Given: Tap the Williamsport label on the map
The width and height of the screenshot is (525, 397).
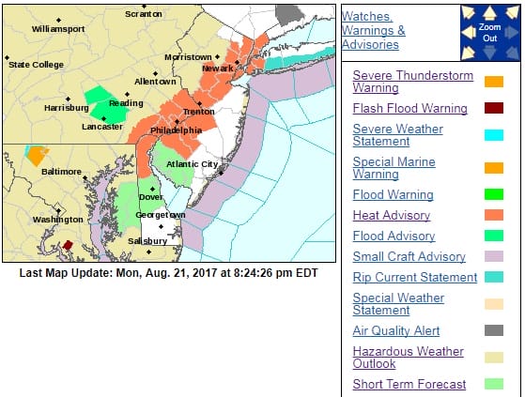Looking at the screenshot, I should click(57, 29).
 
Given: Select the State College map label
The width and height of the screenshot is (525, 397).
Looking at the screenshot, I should click(36, 64).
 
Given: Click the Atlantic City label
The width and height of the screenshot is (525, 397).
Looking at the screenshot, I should click(191, 164).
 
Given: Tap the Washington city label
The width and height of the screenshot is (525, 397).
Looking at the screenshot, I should click(58, 219).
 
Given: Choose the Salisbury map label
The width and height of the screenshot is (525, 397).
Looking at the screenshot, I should click(147, 240).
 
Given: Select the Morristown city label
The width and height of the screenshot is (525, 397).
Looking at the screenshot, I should click(188, 57).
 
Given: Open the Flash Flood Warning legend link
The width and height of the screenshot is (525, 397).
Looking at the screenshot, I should click(409, 108).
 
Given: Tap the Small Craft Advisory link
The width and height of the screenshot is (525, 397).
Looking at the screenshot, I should click(409, 256).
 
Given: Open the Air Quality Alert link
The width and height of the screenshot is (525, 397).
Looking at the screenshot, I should click(395, 330).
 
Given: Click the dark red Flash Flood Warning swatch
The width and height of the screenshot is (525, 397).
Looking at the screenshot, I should click(494, 108).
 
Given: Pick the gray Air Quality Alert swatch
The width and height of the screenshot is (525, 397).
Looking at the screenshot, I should click(494, 330).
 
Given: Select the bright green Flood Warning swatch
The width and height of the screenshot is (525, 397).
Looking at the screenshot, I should click(494, 195).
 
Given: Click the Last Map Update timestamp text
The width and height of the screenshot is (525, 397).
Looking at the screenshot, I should click(168, 273).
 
